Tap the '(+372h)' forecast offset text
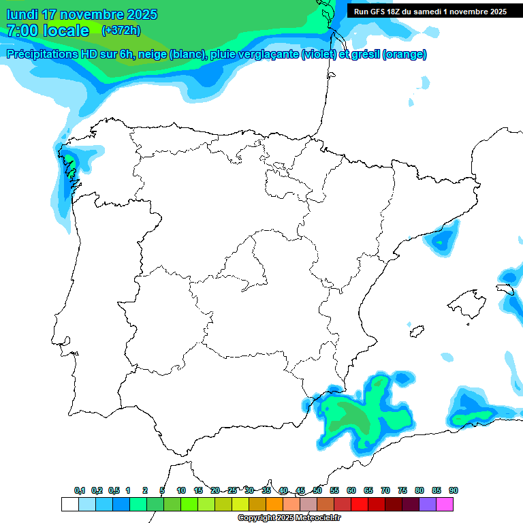pos(121,30)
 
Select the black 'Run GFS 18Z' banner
pos(430,11)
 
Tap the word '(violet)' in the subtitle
pos(318,54)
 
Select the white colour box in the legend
pos(69,504)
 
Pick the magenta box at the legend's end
pos(445,504)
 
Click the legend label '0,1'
pos(80,490)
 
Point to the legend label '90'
pos(454,490)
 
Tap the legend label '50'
pos(317,490)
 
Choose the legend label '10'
pos(181,490)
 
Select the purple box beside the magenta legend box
pos(428,504)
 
